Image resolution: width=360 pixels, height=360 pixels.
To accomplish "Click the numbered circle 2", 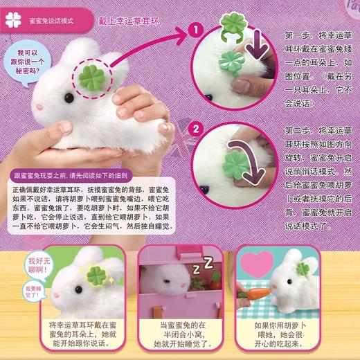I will (195, 128).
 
